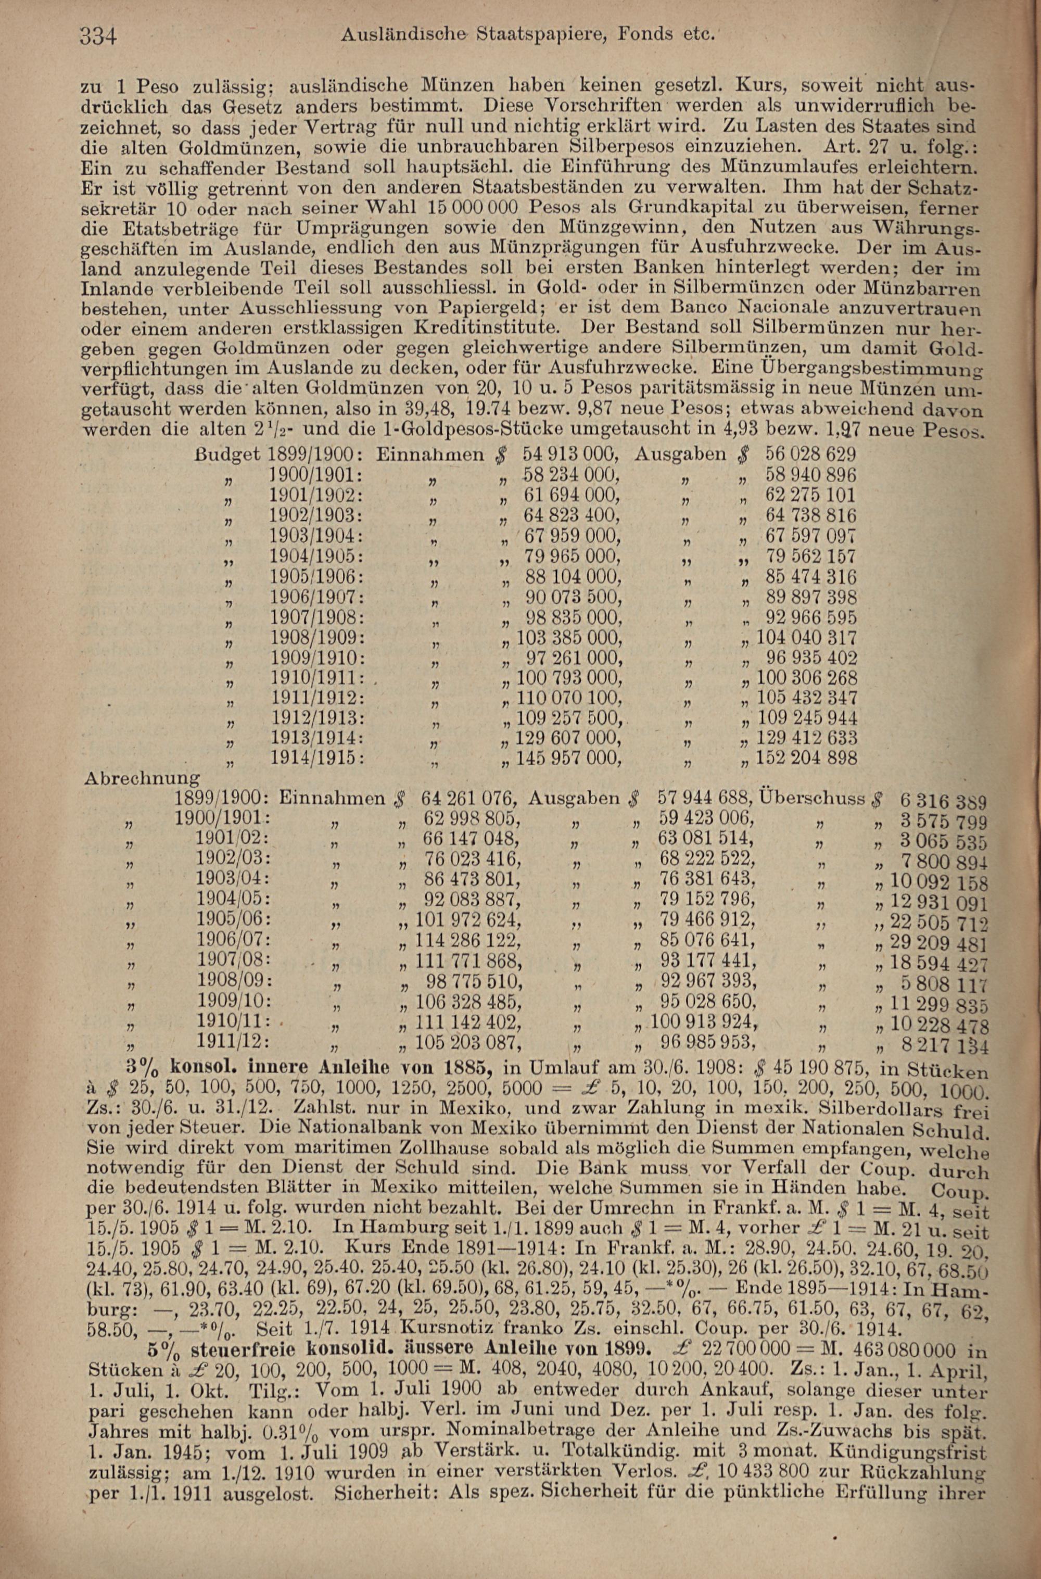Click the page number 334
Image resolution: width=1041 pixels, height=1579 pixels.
[x=98, y=35]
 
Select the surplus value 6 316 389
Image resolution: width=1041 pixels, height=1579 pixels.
[x=944, y=801]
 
